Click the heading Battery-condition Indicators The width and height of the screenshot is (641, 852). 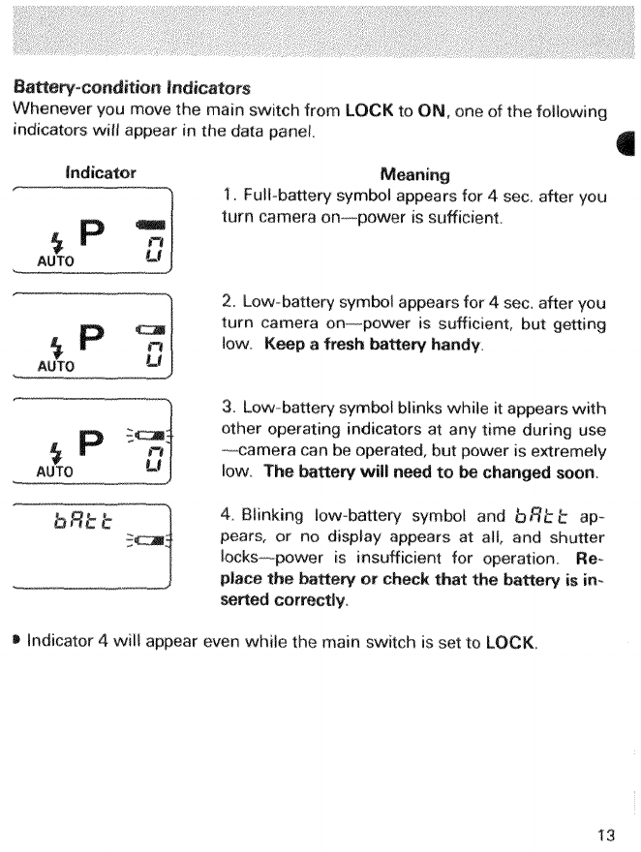[132, 87]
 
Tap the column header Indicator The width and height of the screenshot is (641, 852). [100, 173]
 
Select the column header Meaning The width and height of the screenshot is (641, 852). [415, 174]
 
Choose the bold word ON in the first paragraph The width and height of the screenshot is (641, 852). [431, 109]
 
